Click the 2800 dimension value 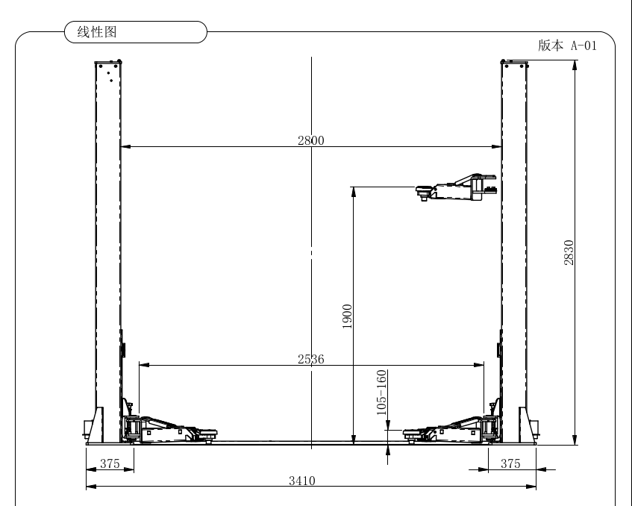click(310, 140)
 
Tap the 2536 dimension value click(310, 359)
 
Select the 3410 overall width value click(302, 481)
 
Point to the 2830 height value click(569, 252)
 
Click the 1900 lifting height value click(347, 316)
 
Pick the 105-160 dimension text click(381, 393)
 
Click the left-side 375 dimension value click(110, 463)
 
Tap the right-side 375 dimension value click(510, 463)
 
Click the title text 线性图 click(97, 32)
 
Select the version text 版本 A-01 click(567, 46)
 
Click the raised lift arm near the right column click(456, 187)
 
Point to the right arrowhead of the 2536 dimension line click(479, 365)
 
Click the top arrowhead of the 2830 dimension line click(575, 65)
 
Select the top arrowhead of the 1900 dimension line click(354, 192)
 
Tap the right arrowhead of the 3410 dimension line click(531, 487)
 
